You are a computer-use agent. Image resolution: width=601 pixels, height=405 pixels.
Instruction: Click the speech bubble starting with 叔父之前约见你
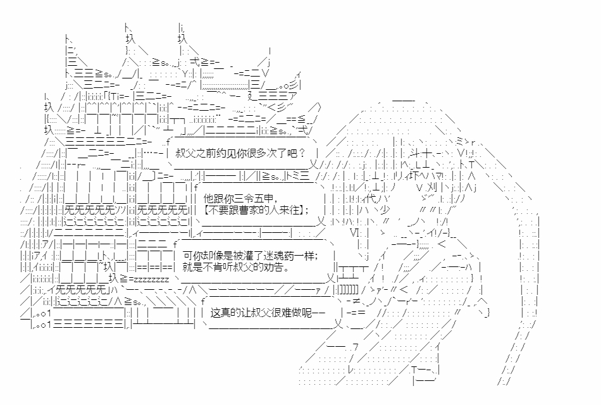point(242,153)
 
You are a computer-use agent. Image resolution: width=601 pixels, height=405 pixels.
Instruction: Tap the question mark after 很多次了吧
point(302,153)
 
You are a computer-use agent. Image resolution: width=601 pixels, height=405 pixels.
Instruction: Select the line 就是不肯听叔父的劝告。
point(236,267)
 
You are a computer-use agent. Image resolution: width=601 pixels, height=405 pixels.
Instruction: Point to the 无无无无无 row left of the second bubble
point(163,210)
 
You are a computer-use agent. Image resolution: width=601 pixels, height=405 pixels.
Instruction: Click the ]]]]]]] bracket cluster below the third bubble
point(349,289)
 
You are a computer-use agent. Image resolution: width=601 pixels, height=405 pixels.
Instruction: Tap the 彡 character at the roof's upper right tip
point(295,84)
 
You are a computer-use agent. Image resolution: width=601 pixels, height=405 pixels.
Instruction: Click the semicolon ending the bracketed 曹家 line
point(307,211)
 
